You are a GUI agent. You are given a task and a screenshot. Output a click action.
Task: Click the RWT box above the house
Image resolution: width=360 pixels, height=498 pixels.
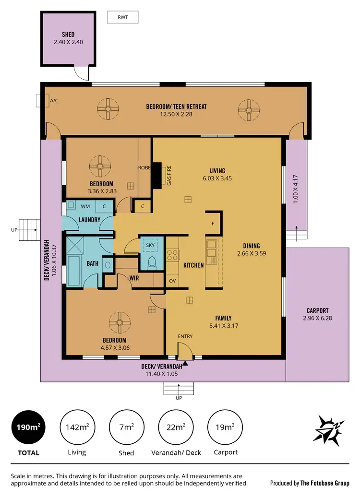(122, 18)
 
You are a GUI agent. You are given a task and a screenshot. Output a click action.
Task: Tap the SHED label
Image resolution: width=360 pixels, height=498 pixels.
(68, 35)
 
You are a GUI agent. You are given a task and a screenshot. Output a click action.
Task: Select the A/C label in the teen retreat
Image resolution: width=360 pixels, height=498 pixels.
(54, 101)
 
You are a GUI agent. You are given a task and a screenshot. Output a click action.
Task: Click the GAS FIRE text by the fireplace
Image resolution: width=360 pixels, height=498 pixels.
(169, 177)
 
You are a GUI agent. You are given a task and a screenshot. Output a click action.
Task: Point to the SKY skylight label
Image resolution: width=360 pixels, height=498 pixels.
(150, 245)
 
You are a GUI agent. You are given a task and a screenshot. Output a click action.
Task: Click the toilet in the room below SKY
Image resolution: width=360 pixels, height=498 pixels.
(152, 262)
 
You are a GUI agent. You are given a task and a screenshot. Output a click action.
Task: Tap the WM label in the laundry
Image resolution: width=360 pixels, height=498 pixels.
(85, 206)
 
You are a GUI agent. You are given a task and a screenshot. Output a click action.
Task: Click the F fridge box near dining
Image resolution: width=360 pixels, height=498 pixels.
(213, 224)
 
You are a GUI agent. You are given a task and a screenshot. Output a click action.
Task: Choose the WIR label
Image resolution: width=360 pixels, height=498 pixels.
(134, 278)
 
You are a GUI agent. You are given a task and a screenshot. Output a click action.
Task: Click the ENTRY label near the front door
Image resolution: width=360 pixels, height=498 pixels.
(185, 336)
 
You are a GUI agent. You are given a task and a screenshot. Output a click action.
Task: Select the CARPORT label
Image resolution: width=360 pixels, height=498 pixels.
(318, 310)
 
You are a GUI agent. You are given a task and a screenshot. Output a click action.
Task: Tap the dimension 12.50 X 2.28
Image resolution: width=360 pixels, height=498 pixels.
(176, 114)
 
